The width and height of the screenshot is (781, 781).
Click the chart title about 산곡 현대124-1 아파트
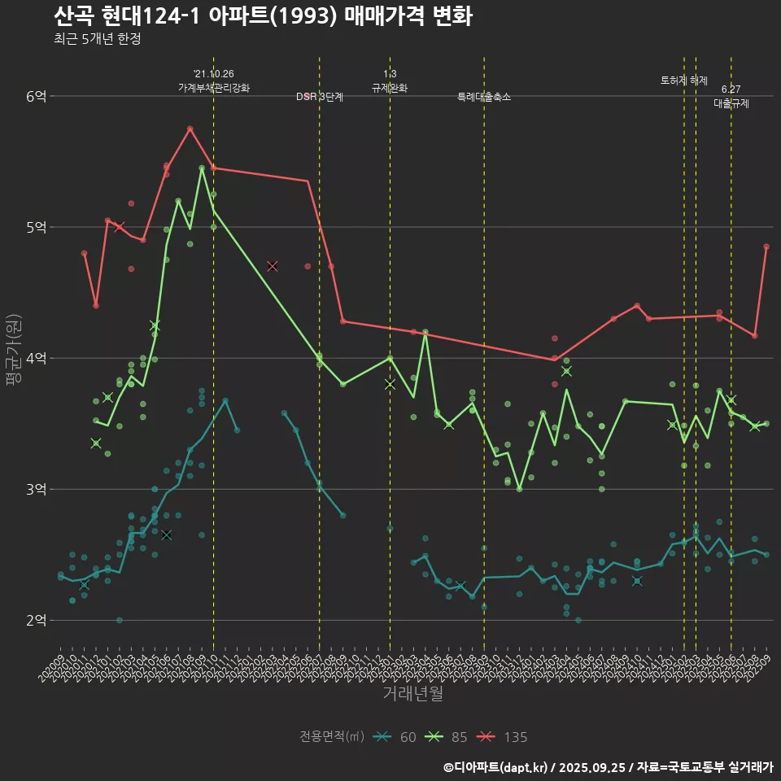(262, 16)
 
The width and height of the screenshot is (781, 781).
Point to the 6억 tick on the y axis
(37, 96)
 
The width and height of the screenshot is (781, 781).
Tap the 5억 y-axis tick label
(37, 227)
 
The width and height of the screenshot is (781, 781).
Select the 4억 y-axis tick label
(37, 358)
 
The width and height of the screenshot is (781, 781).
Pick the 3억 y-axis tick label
(37, 489)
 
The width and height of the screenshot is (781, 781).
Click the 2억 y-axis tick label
(37, 620)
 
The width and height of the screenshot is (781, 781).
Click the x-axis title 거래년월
(413, 694)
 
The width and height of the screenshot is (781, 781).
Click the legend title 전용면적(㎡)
(331, 737)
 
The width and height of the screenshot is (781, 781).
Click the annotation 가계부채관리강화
(214, 87)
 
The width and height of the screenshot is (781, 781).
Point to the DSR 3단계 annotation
(320, 97)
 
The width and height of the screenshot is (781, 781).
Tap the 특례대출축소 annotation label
(484, 97)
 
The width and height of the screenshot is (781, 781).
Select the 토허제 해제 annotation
(684, 81)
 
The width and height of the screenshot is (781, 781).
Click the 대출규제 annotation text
(731, 104)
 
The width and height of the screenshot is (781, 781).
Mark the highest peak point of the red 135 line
(190, 129)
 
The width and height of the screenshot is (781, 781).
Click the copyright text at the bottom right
(608, 766)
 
